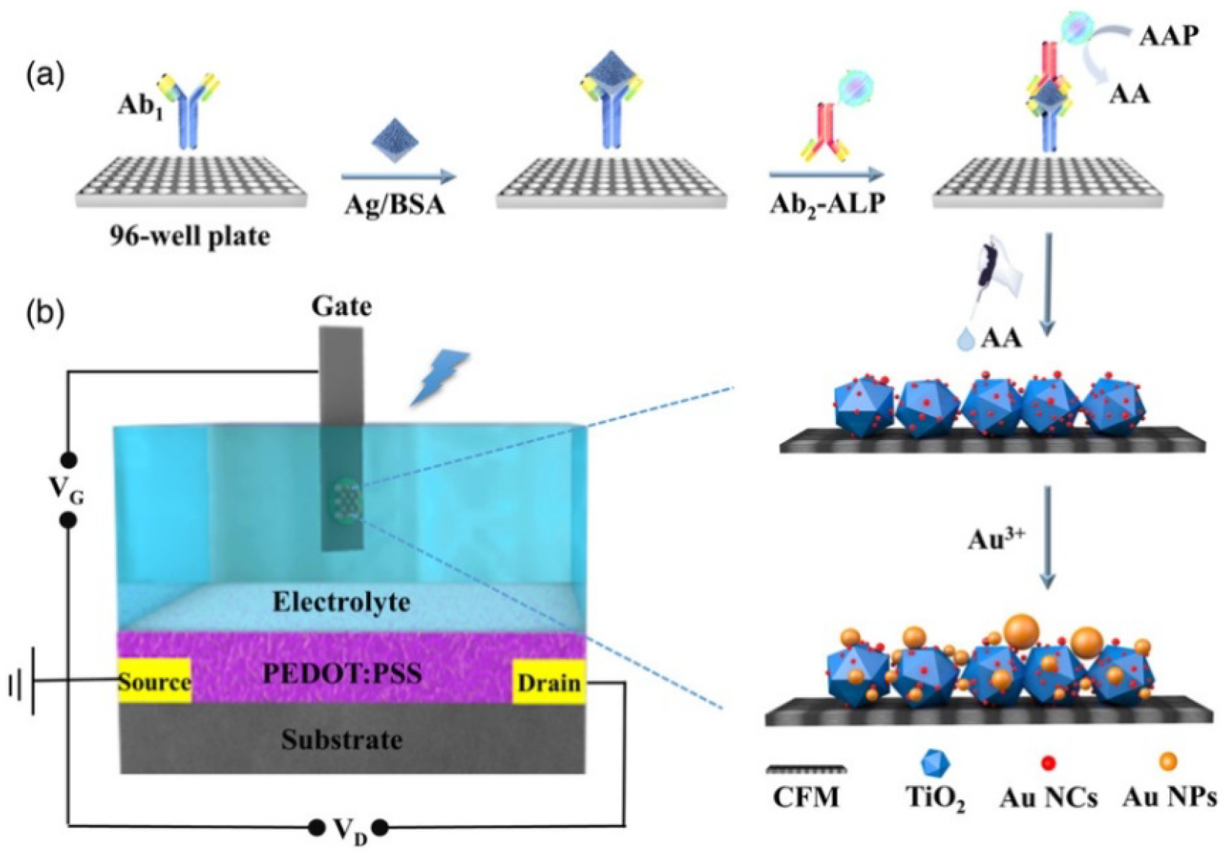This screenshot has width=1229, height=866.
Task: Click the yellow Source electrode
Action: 154,681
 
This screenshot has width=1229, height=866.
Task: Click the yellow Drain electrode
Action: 549,682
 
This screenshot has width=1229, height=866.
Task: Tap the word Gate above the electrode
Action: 341,306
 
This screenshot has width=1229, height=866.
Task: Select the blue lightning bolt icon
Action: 439,378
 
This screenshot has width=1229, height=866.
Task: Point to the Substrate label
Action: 342,739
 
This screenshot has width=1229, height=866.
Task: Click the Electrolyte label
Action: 342,602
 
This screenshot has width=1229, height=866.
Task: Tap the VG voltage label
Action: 66,491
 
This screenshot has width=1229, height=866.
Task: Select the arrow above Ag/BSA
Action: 398,176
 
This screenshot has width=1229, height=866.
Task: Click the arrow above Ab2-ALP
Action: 826,175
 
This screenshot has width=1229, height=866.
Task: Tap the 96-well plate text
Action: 190,236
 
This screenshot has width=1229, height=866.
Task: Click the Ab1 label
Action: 140,107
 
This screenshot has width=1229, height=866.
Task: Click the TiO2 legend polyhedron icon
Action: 934,763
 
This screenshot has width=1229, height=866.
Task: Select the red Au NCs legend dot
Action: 1048,763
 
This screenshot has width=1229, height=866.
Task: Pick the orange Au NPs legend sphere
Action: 1167,762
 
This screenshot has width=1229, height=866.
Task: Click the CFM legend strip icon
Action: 806,770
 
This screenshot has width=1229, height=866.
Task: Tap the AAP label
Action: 1169,35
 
